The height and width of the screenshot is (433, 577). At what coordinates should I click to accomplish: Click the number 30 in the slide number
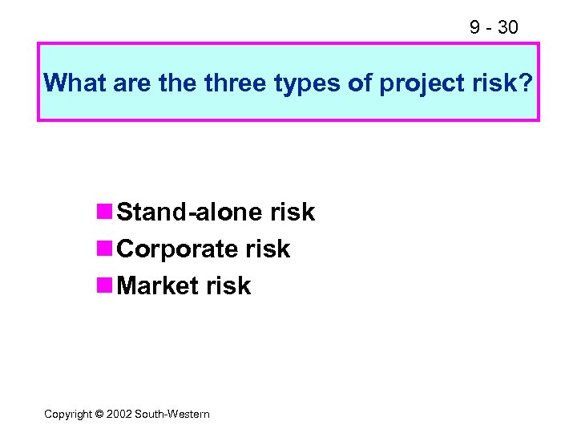[507, 27]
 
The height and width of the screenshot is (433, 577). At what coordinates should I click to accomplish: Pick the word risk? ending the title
[502, 83]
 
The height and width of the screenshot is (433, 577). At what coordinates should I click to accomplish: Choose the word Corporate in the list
[180, 249]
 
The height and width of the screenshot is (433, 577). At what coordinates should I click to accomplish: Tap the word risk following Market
[230, 286]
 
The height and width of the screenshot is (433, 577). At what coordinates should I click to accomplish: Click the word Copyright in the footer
[69, 415]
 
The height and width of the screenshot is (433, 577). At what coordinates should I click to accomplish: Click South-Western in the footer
[172, 415]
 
